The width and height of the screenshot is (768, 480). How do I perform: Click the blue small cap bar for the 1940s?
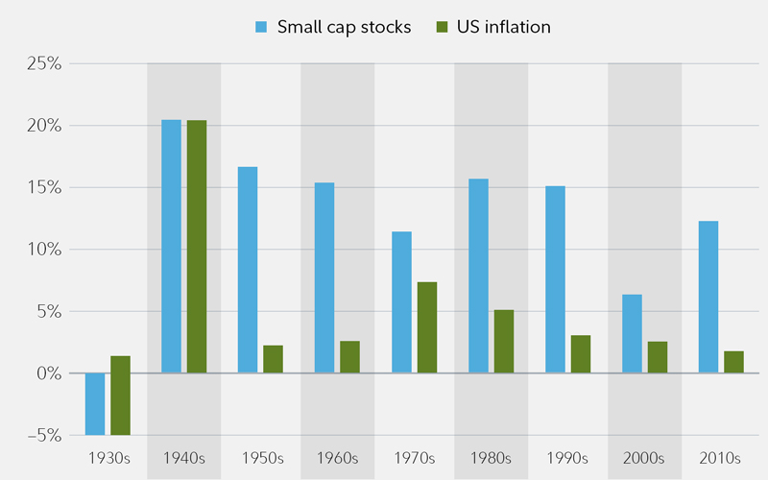[171, 246]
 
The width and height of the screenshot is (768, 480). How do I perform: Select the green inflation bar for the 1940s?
[197, 246]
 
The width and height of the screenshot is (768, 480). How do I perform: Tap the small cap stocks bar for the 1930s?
[95, 403]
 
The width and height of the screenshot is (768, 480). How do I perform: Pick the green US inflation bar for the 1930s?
[120, 396]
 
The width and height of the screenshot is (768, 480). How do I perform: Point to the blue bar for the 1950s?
[248, 270]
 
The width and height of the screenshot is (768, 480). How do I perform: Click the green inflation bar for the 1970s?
[427, 327]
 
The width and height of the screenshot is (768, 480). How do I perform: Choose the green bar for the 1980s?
[504, 341]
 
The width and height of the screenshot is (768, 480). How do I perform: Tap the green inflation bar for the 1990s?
[581, 353]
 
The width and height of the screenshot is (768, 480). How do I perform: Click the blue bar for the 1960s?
[324, 277]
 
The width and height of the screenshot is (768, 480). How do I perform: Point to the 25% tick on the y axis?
[43, 64]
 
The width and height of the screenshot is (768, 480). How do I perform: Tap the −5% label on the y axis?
[41, 435]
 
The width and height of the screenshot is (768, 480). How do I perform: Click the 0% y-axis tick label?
[46, 373]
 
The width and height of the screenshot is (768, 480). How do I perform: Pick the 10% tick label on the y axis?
[43, 250]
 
